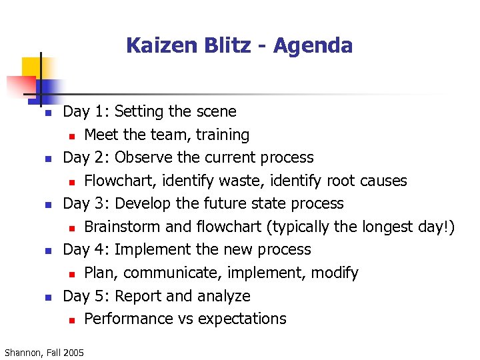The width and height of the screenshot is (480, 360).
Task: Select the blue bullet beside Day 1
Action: coord(48,113)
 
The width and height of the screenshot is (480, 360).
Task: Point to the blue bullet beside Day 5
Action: coord(48,297)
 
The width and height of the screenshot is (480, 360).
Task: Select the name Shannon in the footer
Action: coord(22,352)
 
